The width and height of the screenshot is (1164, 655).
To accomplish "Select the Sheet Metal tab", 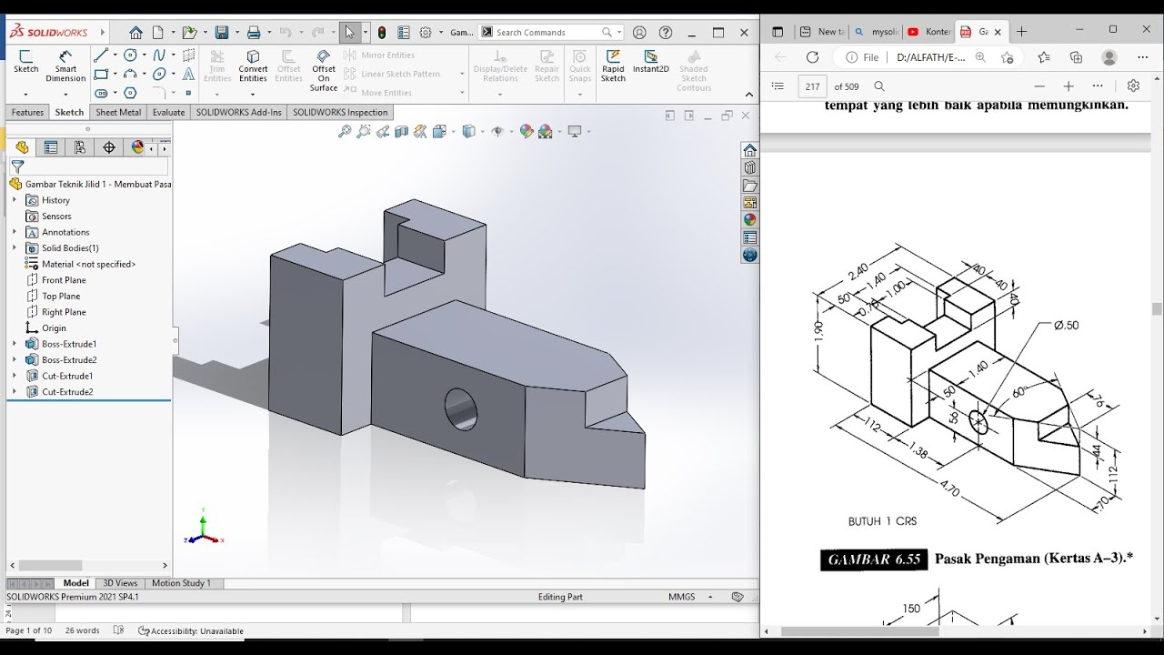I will click(118, 112).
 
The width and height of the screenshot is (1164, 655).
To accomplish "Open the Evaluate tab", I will click(168, 112).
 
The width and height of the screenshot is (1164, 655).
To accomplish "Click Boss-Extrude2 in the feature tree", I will click(68, 359).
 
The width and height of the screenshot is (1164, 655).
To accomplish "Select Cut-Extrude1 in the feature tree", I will click(66, 376).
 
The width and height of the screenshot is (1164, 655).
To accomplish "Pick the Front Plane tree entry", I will click(64, 280).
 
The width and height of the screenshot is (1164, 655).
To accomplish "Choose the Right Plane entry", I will click(64, 312).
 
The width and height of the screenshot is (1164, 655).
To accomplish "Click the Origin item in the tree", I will click(54, 327).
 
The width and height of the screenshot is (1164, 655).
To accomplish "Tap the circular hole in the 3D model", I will click(460, 408).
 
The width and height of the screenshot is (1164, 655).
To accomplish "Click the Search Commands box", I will click(546, 33).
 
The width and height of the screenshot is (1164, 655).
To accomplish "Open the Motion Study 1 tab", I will click(181, 583).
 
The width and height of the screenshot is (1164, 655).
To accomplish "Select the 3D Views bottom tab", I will click(120, 583).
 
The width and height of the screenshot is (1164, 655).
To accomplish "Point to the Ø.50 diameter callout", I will click(1066, 325).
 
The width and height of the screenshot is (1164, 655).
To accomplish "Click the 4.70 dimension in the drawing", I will click(949, 489).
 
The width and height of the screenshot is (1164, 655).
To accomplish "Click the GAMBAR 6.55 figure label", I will click(873, 559).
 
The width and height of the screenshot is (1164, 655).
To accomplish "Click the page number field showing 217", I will click(812, 86).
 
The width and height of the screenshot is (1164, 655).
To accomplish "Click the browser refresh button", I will click(812, 57).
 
